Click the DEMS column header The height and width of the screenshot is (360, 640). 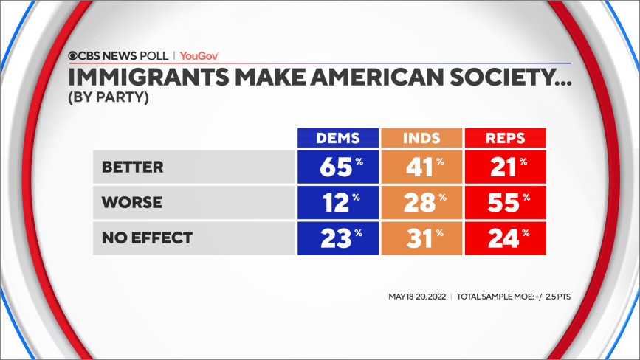click(x=337, y=138)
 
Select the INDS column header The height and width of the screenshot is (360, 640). click(x=421, y=138)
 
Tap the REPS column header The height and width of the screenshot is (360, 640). click(x=505, y=138)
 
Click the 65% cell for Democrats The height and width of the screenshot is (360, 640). click(x=337, y=167)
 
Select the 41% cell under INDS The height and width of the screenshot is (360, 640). click(x=421, y=167)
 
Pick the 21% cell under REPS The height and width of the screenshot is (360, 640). click(x=505, y=167)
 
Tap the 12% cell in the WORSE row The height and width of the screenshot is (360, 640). click(x=337, y=202)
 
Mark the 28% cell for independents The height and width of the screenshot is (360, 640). click(x=421, y=202)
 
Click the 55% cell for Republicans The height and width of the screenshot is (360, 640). click(x=505, y=202)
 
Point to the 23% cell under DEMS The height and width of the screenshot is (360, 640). click(x=337, y=238)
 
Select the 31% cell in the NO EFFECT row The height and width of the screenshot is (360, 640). click(x=421, y=238)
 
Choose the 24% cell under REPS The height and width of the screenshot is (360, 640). click(x=505, y=238)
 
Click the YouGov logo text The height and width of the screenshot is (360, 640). click(x=199, y=55)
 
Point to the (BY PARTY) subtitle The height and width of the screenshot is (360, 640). click(x=109, y=97)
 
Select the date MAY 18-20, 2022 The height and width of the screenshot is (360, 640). click(x=417, y=297)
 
